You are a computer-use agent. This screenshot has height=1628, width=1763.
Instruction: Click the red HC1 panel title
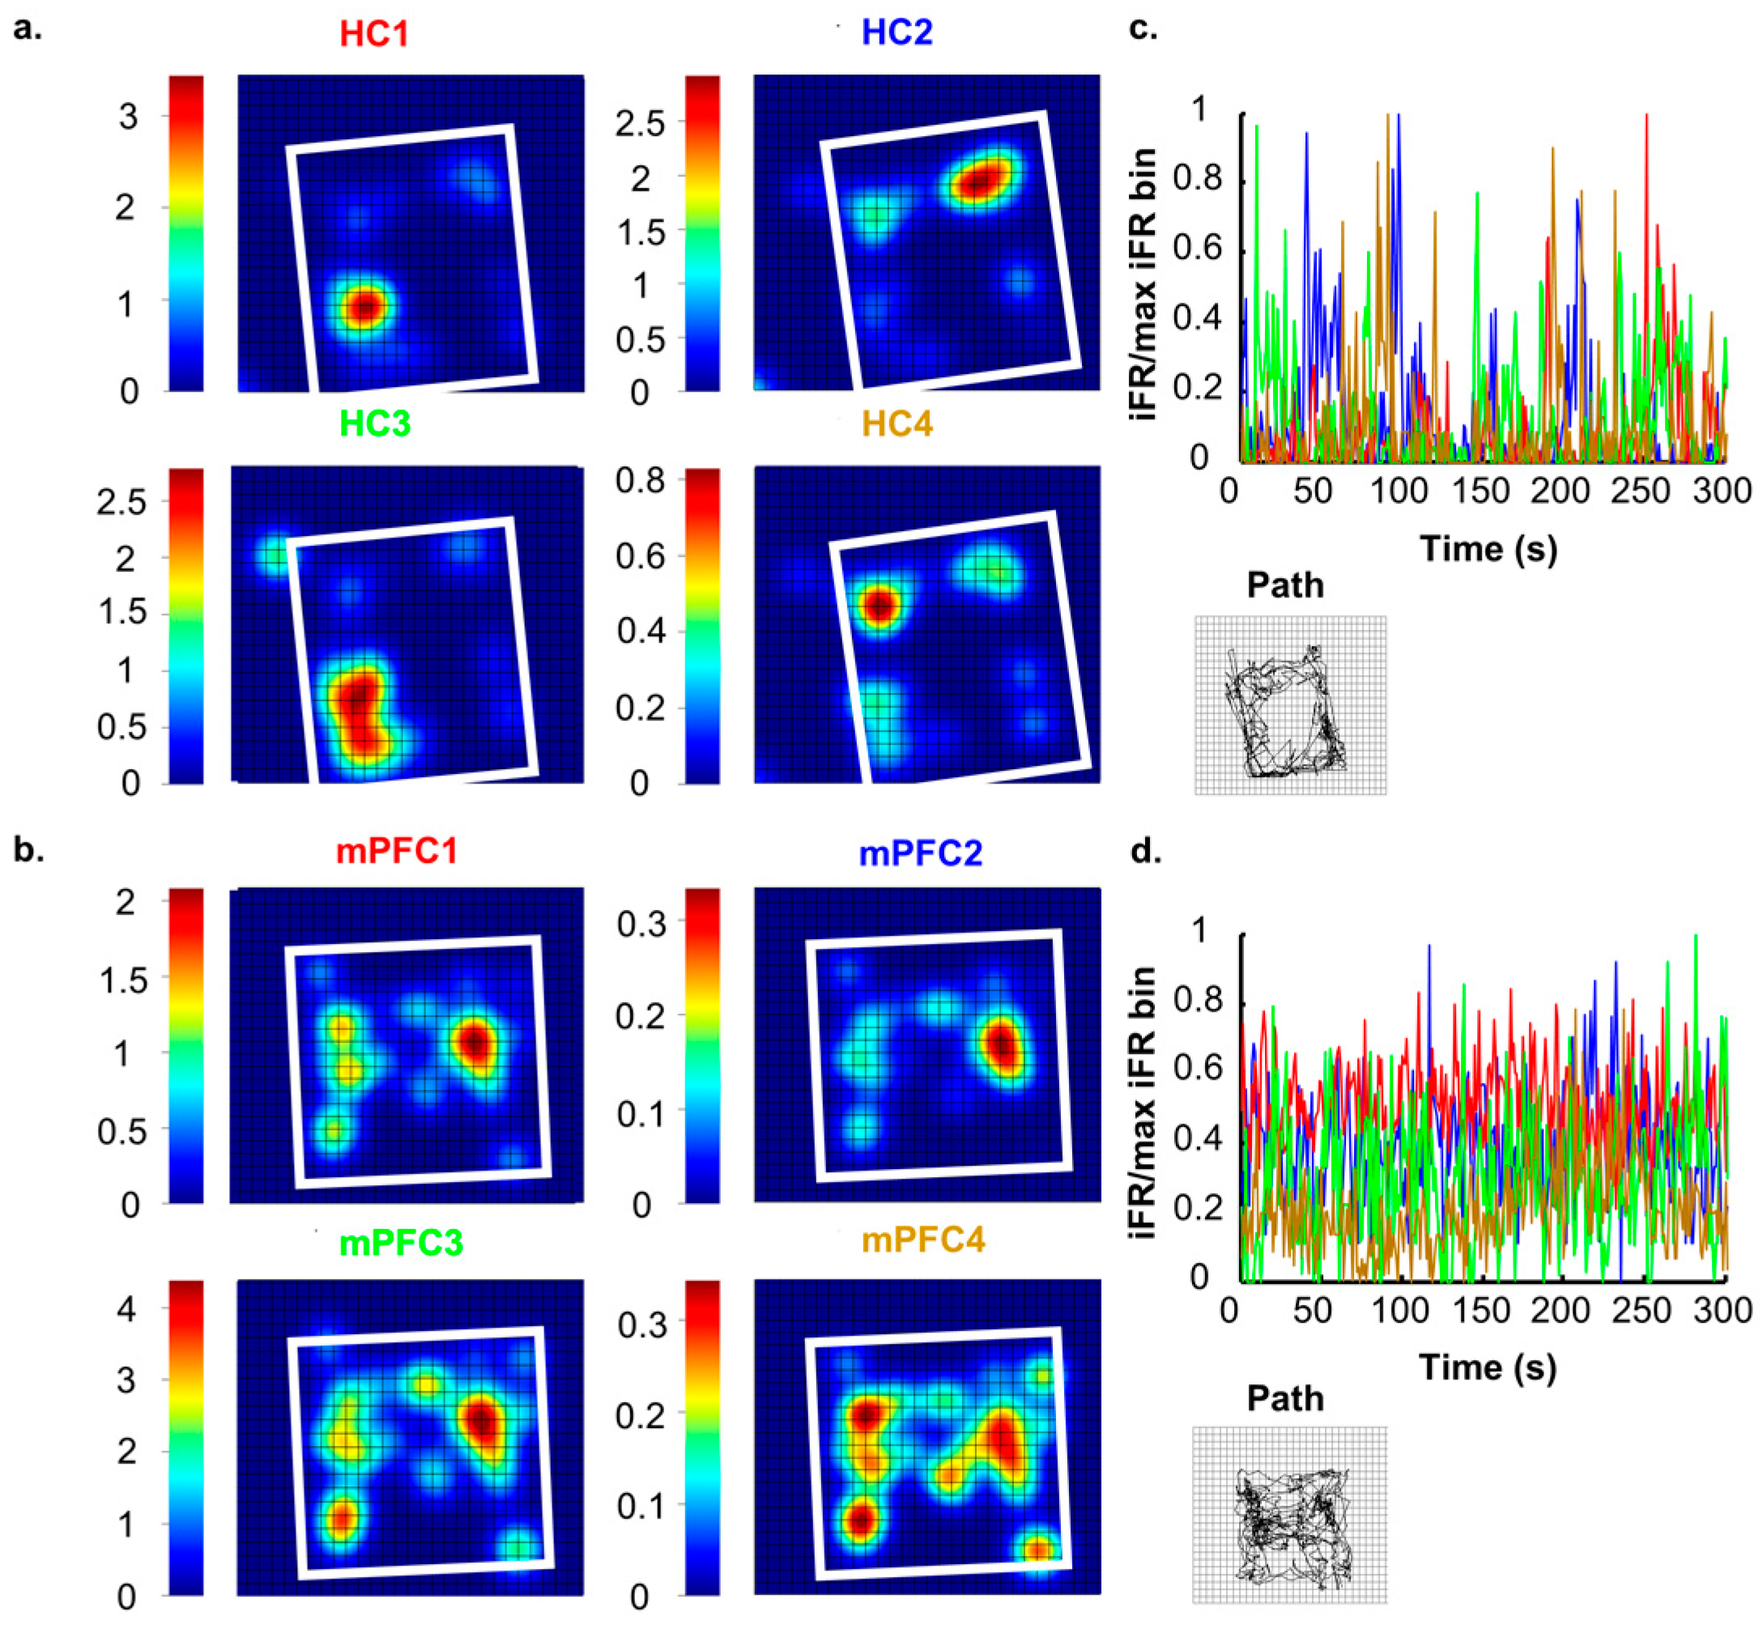(x=373, y=33)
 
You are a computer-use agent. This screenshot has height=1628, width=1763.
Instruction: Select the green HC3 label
(x=374, y=423)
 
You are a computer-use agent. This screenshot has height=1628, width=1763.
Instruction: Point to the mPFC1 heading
(x=397, y=852)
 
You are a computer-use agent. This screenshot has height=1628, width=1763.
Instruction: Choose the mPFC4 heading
(x=922, y=1239)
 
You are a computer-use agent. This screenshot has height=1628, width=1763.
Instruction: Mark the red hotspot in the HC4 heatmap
(x=879, y=606)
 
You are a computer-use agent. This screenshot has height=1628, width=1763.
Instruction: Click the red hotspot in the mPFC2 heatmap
(x=1002, y=1046)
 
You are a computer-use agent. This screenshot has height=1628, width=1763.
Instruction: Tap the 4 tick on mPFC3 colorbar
(x=126, y=1310)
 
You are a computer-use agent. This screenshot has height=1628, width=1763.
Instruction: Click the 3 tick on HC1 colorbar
(x=129, y=117)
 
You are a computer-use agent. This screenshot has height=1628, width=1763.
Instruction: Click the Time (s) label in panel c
(x=1488, y=549)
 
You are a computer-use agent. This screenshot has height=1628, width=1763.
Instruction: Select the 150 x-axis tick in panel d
(x=1480, y=1311)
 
